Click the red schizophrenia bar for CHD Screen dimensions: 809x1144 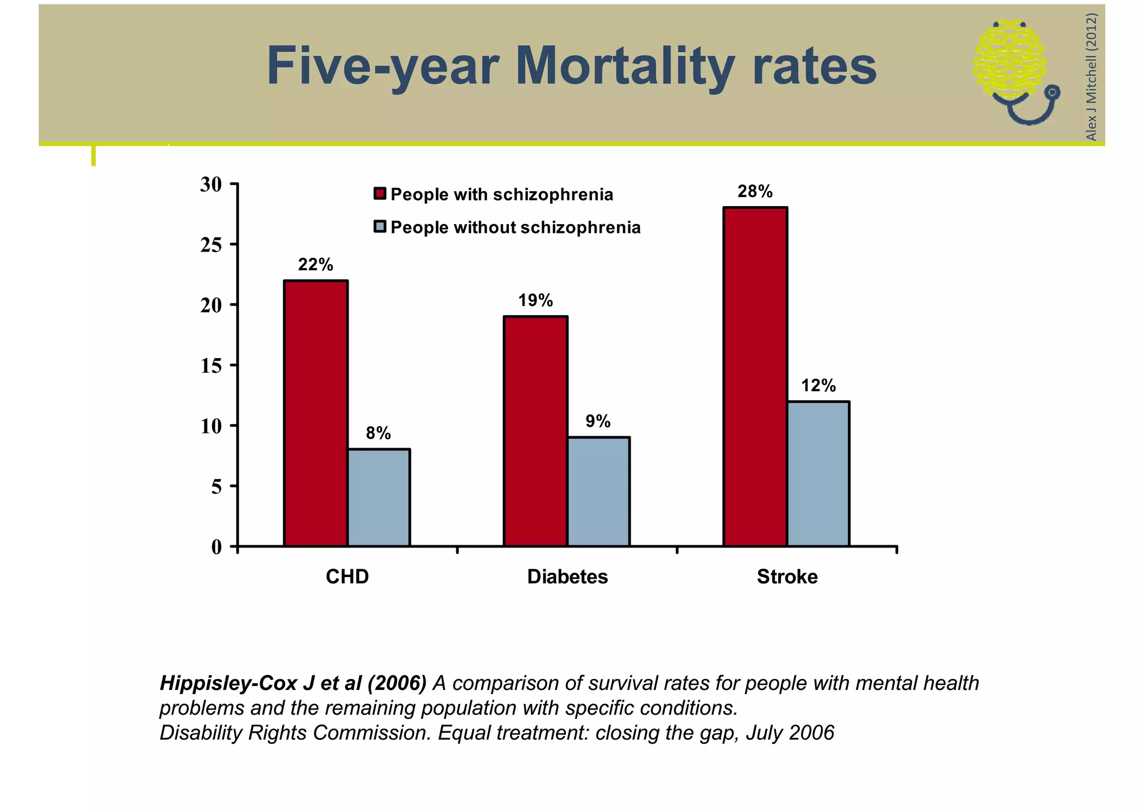(x=316, y=413)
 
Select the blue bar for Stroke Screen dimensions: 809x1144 (x=818, y=474)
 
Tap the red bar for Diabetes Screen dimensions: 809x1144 (x=535, y=431)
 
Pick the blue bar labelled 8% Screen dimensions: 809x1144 (x=379, y=497)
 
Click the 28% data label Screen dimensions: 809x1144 (x=755, y=192)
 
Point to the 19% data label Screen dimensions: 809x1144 (x=535, y=301)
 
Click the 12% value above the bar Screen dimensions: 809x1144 (x=818, y=386)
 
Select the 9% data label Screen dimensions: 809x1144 (x=598, y=421)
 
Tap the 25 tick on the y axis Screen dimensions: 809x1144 (x=211, y=245)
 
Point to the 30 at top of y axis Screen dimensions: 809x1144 (x=211, y=184)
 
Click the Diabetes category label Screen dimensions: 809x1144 (x=567, y=577)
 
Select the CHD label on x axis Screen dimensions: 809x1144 (x=347, y=577)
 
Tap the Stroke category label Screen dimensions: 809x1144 (x=786, y=577)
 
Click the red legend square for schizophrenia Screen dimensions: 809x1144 (x=380, y=194)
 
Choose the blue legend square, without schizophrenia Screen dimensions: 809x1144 (x=380, y=227)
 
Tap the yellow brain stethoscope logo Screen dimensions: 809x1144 (x=1014, y=70)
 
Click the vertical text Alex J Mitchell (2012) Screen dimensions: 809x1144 (x=1091, y=77)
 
